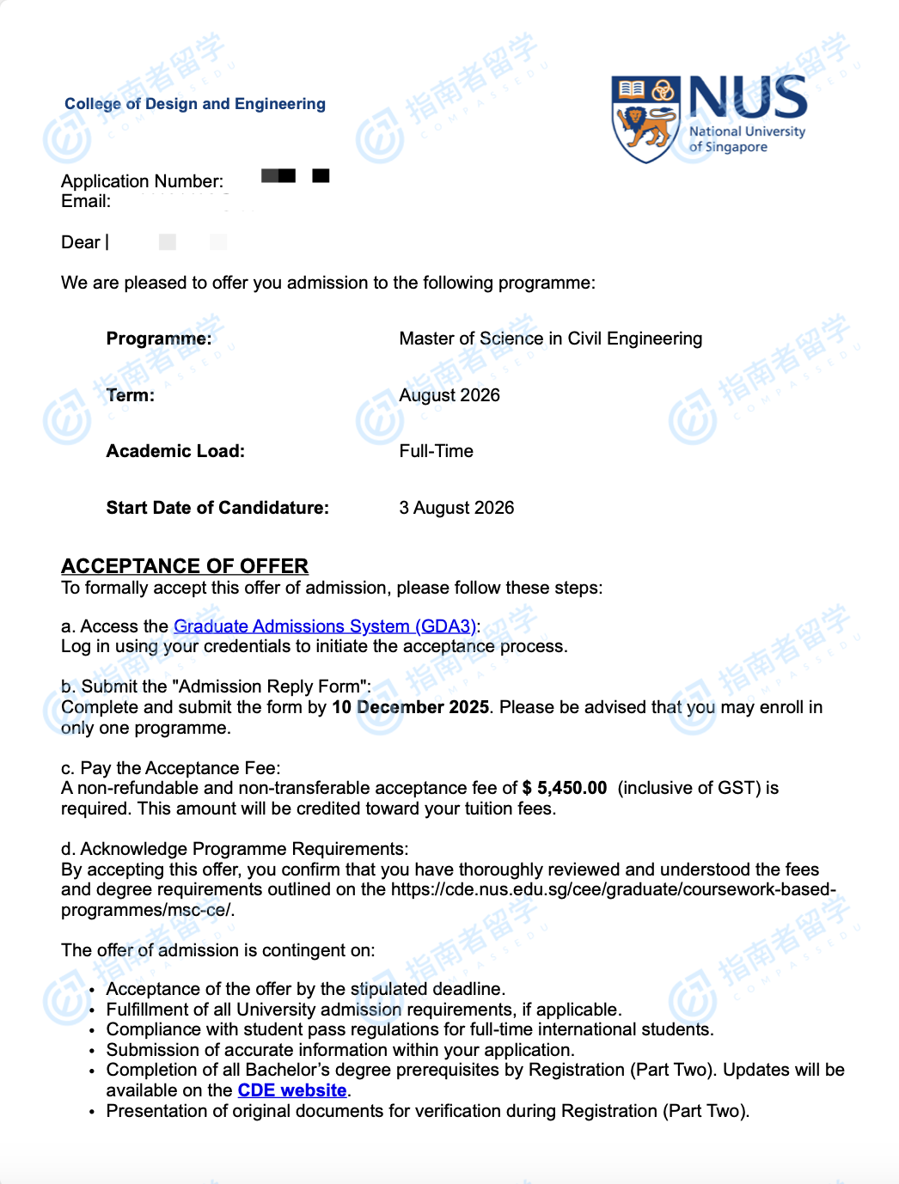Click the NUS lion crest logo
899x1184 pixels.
(645, 119)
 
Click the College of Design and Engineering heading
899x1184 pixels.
(195, 104)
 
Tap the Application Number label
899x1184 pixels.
(142, 181)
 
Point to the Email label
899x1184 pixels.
(86, 202)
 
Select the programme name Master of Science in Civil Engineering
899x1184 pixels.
(550, 339)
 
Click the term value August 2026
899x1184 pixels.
(449, 395)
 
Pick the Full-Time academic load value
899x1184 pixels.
(436, 451)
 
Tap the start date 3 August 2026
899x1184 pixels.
(456, 508)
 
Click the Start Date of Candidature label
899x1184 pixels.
(217, 508)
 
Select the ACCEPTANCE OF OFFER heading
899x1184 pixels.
(185, 566)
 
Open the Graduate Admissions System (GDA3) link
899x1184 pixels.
(324, 626)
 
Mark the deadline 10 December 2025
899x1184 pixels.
(410, 707)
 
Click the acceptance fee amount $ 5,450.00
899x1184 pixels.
(565, 788)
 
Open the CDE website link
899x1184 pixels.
(292, 1090)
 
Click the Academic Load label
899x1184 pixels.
(175, 451)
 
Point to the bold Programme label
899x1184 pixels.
(159, 339)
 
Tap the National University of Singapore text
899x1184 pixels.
(746, 139)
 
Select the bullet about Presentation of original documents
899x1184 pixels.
(427, 1111)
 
